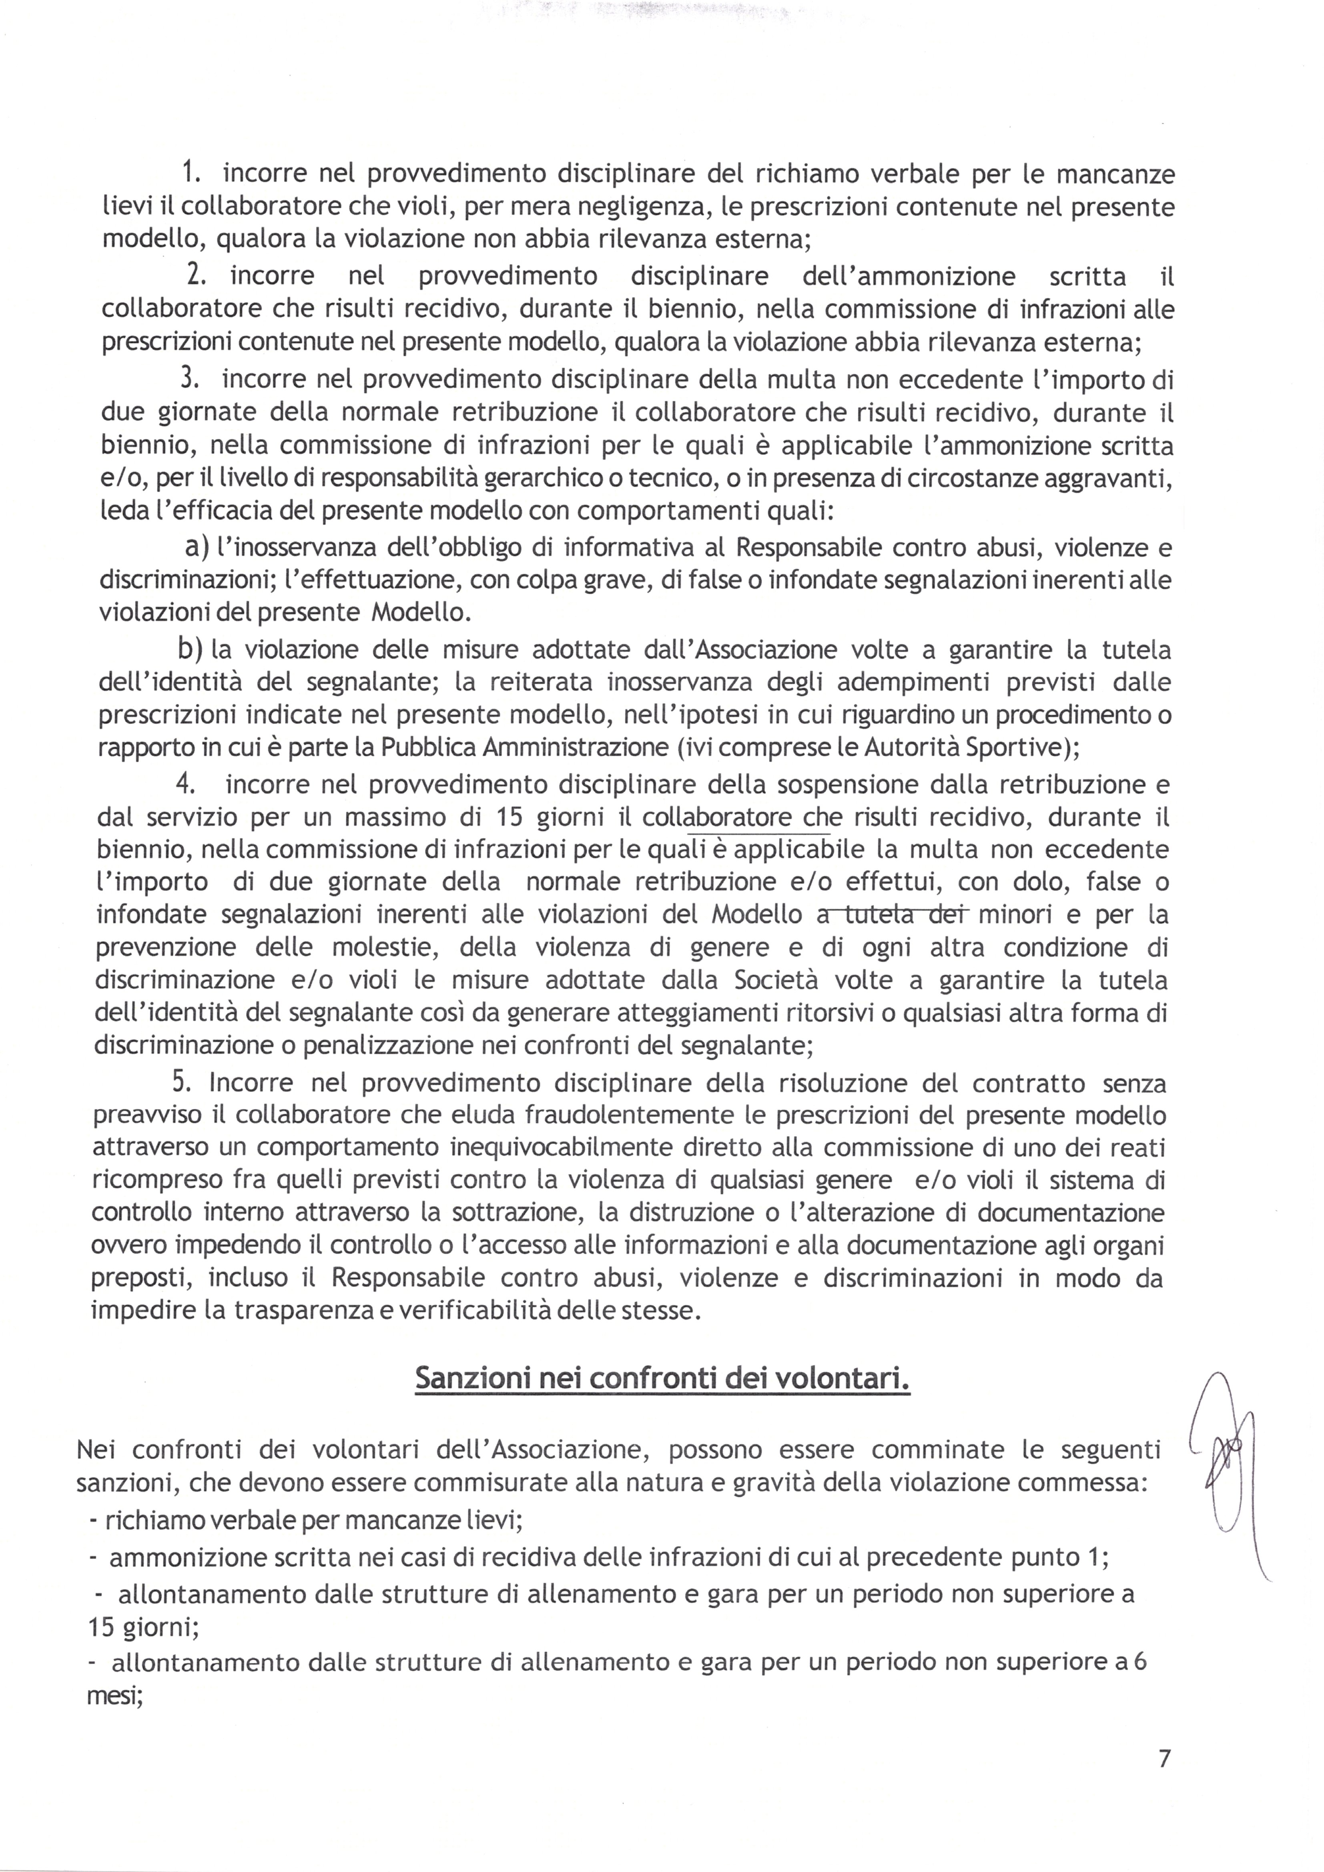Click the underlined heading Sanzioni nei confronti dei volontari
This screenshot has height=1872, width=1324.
tap(662, 1378)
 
